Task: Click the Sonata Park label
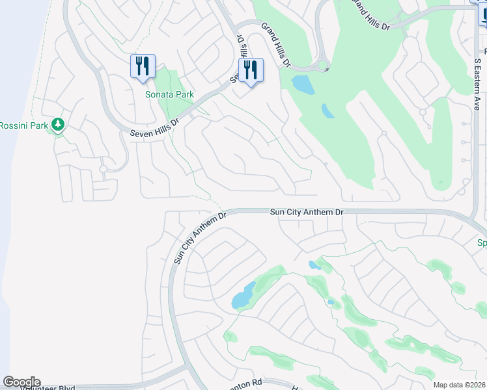pyautogui.click(x=169, y=94)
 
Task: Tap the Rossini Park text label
pyautogui.click(x=23, y=125)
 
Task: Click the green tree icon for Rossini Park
pyautogui.click(x=58, y=124)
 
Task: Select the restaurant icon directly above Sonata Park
pyautogui.click(x=143, y=66)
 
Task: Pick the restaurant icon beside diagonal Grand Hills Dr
pyautogui.click(x=251, y=70)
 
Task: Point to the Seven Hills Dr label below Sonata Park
pyautogui.click(x=154, y=123)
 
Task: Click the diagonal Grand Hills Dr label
pyautogui.click(x=276, y=44)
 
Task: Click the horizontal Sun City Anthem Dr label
pyautogui.click(x=306, y=212)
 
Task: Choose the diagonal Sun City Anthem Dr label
pyautogui.click(x=199, y=237)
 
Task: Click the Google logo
pyautogui.click(x=21, y=382)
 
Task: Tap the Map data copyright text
pyautogui.click(x=459, y=385)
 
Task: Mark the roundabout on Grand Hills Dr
pyautogui.click(x=322, y=66)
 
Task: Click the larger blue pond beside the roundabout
pyautogui.click(x=301, y=83)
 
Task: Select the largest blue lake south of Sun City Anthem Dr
pyautogui.click(x=243, y=296)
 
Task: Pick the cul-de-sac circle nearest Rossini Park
pyautogui.click(x=103, y=169)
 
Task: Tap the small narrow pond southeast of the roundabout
pyautogui.click(x=328, y=111)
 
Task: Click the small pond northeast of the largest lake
pyautogui.click(x=314, y=265)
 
